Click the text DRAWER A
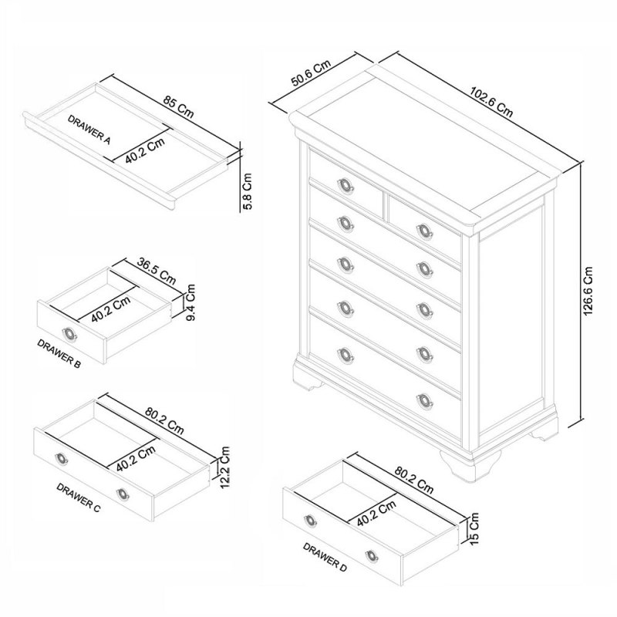coord(89,131)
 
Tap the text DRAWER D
coord(325,558)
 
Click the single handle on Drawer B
coord(70,332)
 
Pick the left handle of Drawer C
coord(62,460)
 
